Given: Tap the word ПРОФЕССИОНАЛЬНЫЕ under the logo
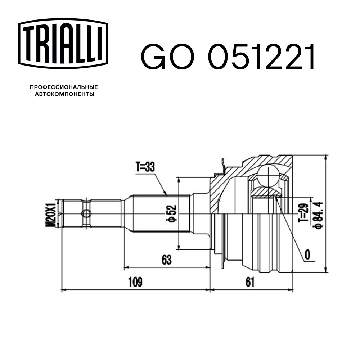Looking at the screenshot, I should pos(64,87).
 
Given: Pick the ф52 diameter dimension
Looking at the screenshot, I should pos(172,213).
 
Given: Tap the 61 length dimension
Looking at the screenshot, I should pos(250,282).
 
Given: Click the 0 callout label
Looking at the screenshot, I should pos(307,255).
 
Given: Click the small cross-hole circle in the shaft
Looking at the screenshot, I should pos(86,213).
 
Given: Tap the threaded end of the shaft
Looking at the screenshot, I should pos(72,213).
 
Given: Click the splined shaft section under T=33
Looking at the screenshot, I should pos(160,213).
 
